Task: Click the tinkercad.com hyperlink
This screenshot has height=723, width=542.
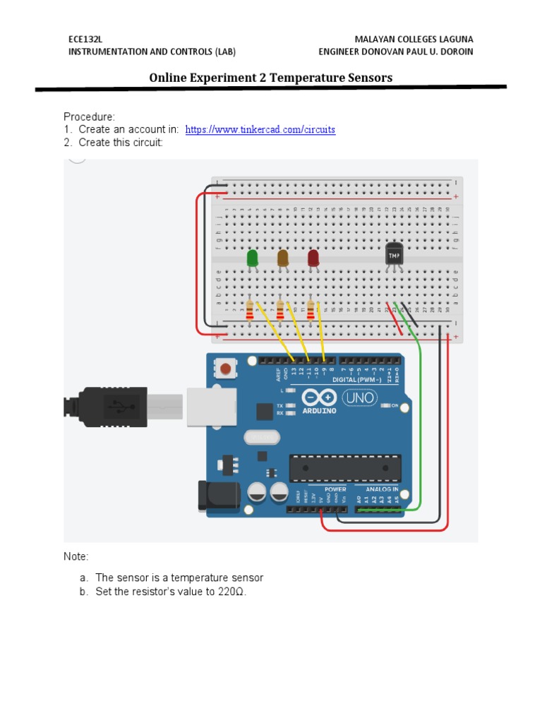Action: (x=260, y=130)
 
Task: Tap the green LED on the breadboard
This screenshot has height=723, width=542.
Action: (x=252, y=258)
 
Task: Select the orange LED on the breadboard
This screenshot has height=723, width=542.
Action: (x=283, y=258)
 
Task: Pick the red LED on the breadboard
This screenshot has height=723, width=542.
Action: (x=313, y=258)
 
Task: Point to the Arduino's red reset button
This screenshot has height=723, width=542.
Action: (x=227, y=369)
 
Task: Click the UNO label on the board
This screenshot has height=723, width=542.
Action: (x=360, y=398)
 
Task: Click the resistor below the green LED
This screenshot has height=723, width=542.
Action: (x=249, y=309)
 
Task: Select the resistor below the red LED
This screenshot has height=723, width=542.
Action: (x=311, y=309)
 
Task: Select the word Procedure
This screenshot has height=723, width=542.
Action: (x=89, y=116)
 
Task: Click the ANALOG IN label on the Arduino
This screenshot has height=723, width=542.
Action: (x=381, y=489)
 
